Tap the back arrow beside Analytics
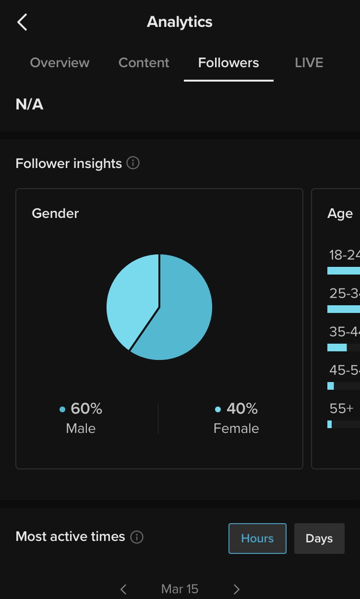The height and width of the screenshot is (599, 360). (x=22, y=22)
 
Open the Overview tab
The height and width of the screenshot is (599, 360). (x=60, y=63)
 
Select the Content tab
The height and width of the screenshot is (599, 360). (x=144, y=63)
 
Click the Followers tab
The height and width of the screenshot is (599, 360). (x=228, y=63)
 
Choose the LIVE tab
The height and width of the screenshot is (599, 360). (x=309, y=63)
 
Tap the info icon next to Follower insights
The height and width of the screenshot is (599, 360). (x=133, y=163)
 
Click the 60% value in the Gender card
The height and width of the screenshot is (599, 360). (x=86, y=408)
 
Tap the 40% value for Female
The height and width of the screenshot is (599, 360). (x=242, y=408)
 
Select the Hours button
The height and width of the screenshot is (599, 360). (x=257, y=539)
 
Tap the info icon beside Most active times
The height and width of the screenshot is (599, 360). (x=137, y=537)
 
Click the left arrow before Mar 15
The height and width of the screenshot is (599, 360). (x=123, y=589)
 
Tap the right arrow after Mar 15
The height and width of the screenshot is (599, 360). (x=236, y=589)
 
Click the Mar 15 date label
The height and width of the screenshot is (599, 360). (x=180, y=589)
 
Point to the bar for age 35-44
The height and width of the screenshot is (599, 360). (x=337, y=347)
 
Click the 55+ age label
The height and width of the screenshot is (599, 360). (x=341, y=408)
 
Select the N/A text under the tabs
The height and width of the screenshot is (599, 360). (x=30, y=105)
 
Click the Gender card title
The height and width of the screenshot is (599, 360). (x=55, y=214)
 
